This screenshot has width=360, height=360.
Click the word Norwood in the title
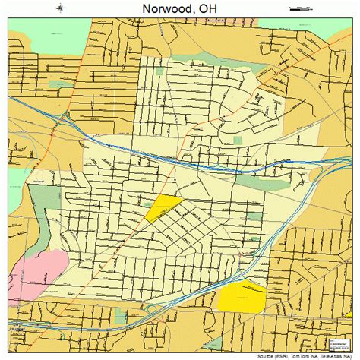tap(163, 10)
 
